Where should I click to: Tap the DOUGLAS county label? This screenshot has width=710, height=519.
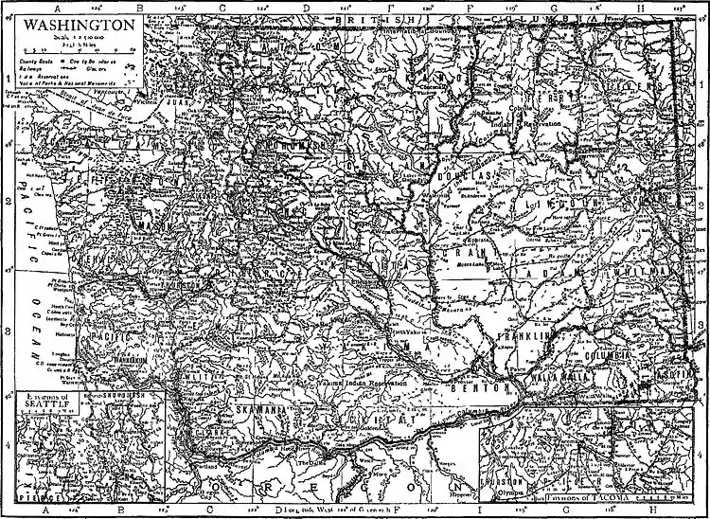pyautogui.click(x=468, y=175)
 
